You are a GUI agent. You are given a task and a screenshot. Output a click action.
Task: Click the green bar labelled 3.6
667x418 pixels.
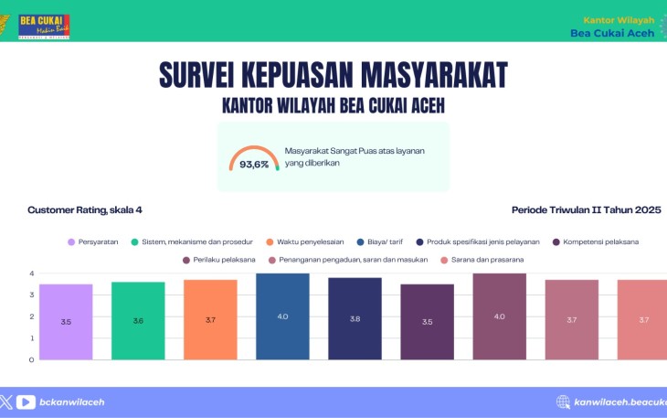[138, 320]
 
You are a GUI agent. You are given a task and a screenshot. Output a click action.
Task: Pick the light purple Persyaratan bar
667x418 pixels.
[66, 322]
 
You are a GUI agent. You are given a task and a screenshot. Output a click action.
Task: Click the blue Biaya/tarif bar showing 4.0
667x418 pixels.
[282, 316]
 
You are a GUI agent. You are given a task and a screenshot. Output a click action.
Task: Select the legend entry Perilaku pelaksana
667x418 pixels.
[218, 260]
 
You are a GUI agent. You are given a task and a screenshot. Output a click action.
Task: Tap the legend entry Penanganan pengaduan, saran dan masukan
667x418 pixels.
[346, 260]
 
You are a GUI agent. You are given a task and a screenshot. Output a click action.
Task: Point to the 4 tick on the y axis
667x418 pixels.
[31, 273]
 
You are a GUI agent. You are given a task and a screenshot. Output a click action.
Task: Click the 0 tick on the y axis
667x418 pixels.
[31, 359]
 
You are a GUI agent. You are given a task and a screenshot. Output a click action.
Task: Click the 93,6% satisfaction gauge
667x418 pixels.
[254, 159]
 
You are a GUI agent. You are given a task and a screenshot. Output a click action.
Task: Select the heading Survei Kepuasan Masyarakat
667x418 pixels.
[333, 74]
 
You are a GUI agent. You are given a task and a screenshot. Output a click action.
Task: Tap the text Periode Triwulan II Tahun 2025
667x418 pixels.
[586, 209]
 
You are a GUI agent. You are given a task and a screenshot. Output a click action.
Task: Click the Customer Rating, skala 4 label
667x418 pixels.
[85, 209]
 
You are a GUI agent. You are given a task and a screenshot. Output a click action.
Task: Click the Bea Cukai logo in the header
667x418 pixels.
[44, 26]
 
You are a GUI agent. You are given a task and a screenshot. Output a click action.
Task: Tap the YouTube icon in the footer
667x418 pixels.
[26, 402]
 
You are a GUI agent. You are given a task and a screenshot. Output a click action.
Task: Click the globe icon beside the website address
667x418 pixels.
[564, 402]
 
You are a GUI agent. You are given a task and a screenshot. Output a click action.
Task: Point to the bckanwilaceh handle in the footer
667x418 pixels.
[72, 402]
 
